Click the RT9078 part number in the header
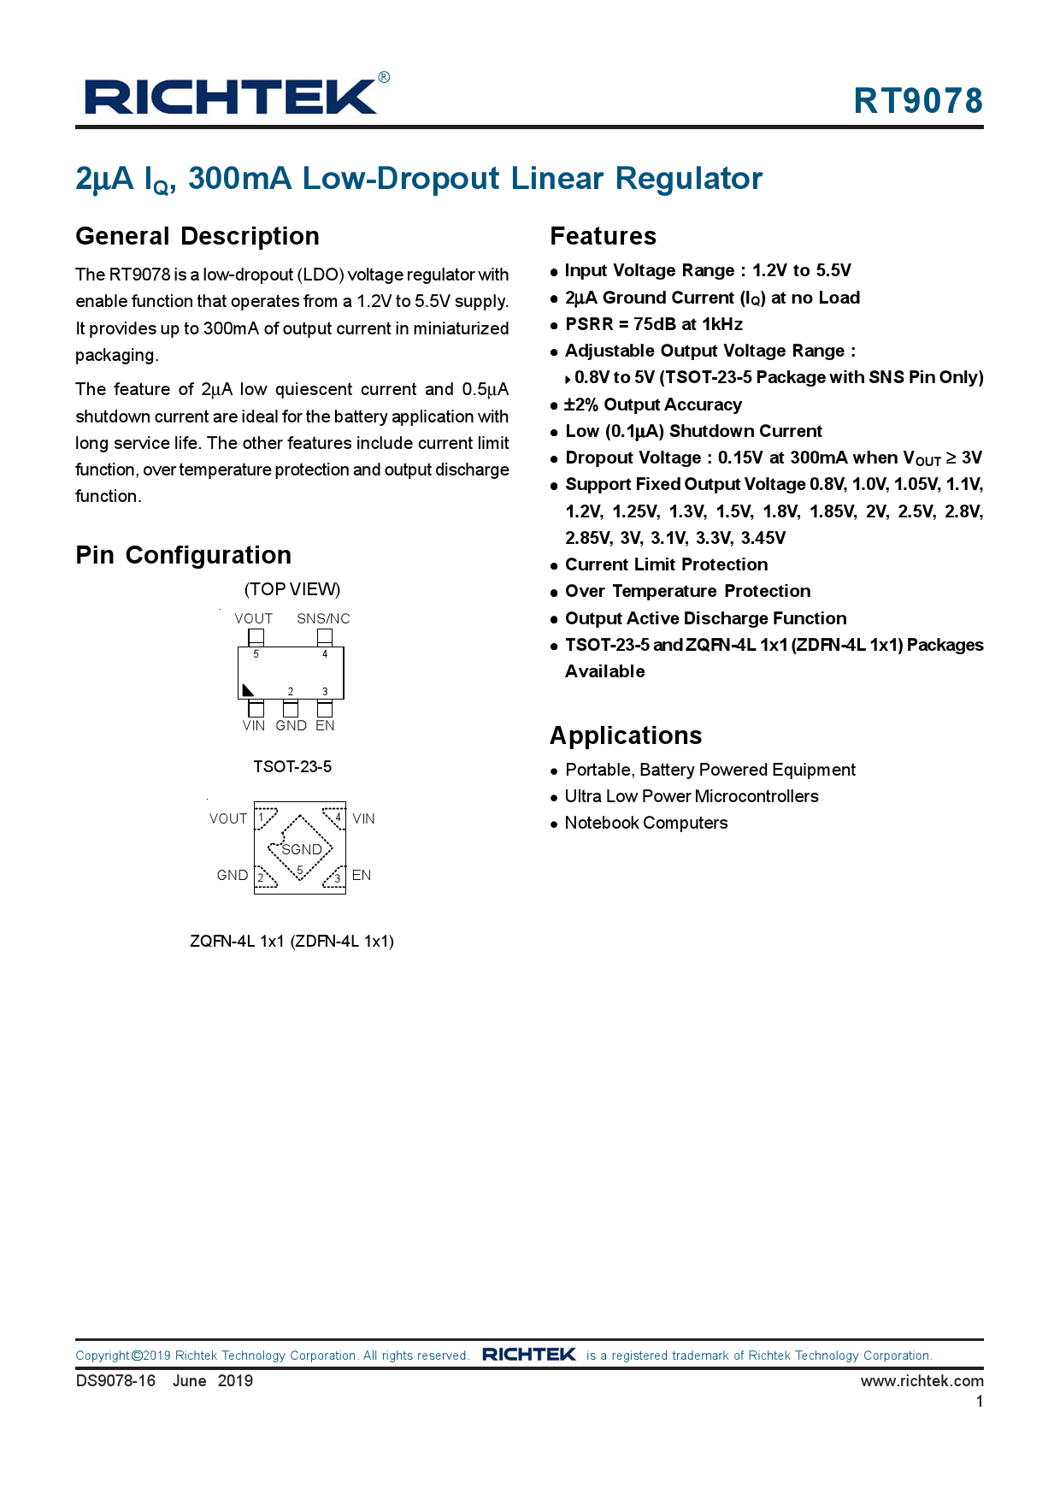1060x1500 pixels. coord(918,101)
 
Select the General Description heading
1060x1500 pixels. coord(197,236)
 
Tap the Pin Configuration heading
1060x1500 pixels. coord(183,555)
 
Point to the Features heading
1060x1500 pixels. coord(603,236)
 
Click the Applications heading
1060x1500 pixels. coord(626,735)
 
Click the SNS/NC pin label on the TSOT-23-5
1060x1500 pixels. coord(323,618)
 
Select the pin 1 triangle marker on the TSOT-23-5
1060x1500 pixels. coord(248,690)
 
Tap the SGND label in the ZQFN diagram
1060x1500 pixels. coord(302,849)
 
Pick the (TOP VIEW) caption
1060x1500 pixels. coord(292,589)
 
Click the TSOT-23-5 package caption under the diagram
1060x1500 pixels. coord(292,766)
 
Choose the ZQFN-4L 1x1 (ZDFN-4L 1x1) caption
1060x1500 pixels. coord(291,941)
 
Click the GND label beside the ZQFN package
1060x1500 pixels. coord(233,875)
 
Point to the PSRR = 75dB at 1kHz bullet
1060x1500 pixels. coord(653,324)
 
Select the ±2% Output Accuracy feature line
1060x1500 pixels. coord(652,405)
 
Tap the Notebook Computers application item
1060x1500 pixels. coord(645,823)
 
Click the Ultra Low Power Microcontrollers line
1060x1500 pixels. coord(691,796)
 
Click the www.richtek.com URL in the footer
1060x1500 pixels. coord(922,1380)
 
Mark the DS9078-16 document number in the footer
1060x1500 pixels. coord(115,1380)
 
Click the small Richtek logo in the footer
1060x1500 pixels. coord(528,1355)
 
